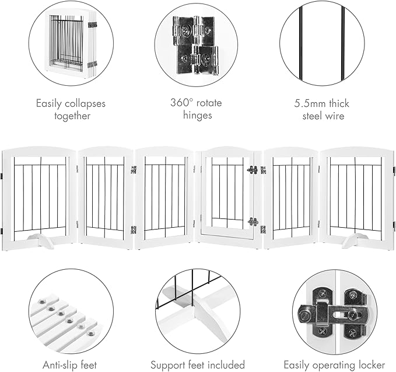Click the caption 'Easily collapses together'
71,109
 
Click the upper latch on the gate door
252,171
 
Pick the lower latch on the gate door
253,222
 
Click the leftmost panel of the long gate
39,196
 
